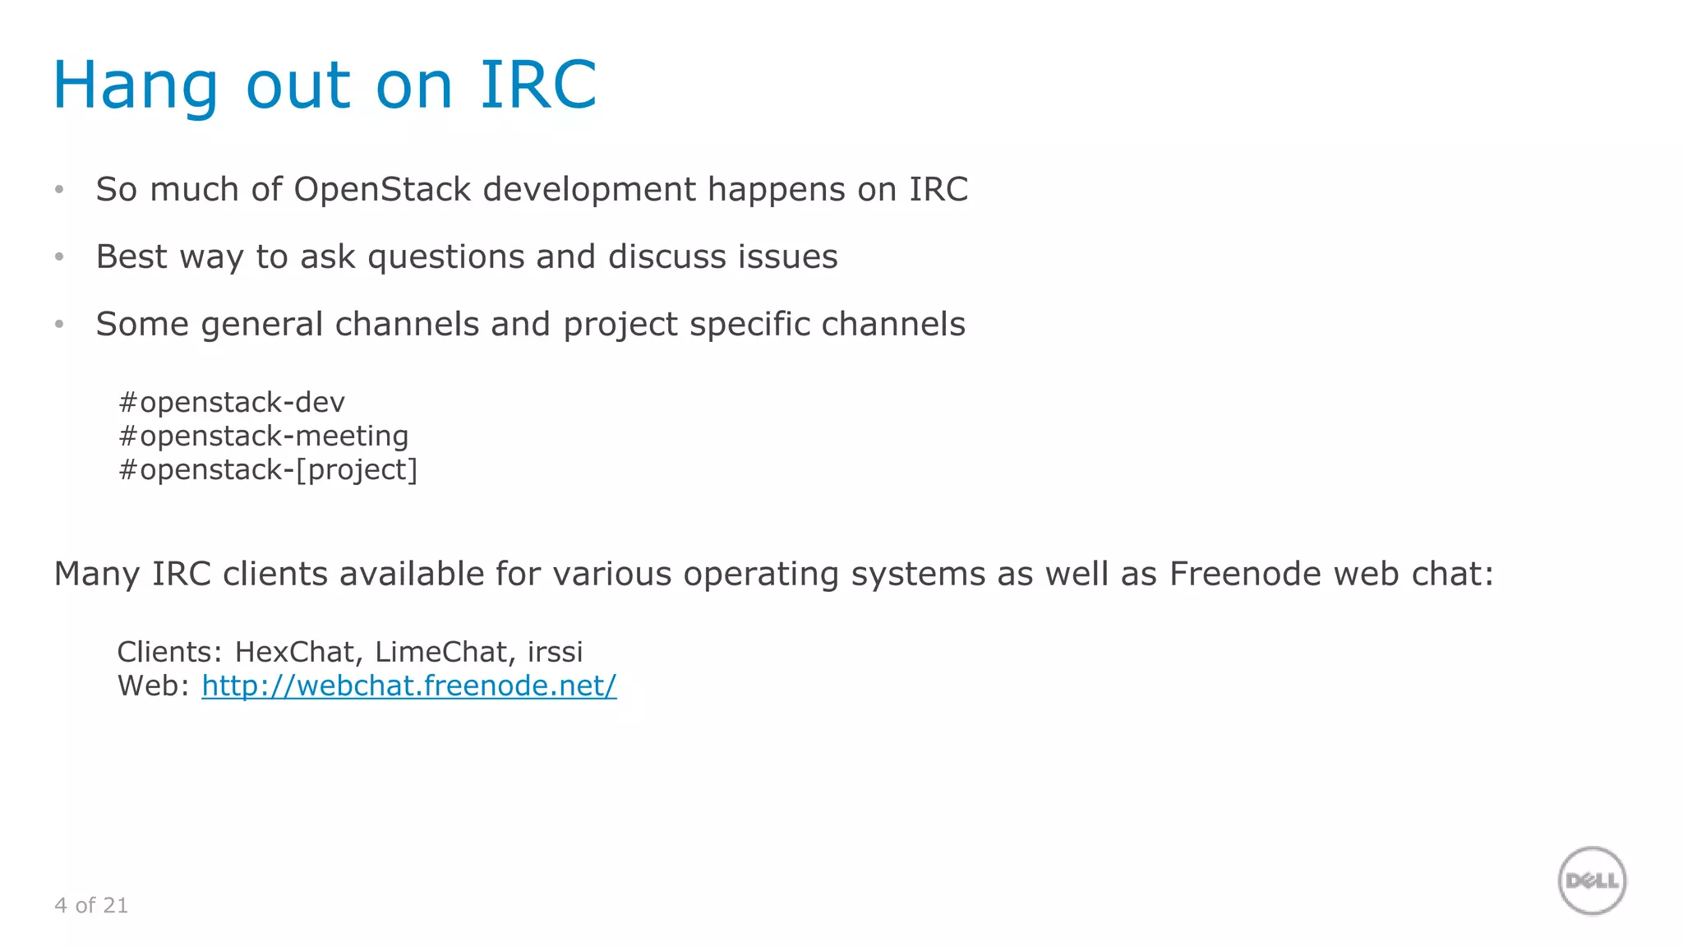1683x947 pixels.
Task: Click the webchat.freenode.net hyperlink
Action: (408, 686)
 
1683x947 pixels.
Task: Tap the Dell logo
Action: (1592, 880)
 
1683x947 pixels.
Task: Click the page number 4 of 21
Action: (91, 905)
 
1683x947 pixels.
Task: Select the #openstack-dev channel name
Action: (231, 402)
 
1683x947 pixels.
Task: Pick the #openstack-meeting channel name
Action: (263, 436)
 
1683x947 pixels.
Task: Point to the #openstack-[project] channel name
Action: (268, 469)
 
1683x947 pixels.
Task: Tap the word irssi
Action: (555, 652)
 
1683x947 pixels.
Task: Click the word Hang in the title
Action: (136, 85)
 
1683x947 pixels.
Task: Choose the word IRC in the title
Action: (538, 85)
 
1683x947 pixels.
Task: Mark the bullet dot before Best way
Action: (59, 257)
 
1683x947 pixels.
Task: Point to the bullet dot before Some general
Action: (59, 325)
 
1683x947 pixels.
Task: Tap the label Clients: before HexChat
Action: (169, 652)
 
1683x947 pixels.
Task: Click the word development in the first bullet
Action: (589, 189)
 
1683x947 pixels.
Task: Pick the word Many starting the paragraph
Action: (97, 574)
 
